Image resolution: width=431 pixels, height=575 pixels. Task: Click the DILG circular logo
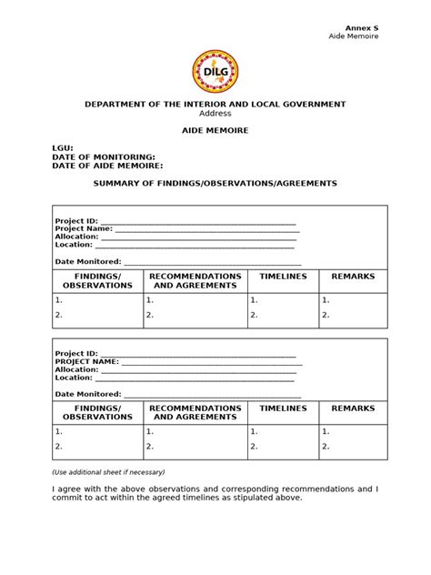tap(215, 71)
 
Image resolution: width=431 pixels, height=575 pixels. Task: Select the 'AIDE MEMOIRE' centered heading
tap(215, 131)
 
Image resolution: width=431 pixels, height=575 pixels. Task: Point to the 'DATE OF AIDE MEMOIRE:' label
tap(108, 166)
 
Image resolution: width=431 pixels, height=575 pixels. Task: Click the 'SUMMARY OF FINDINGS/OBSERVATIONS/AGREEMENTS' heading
tap(215, 183)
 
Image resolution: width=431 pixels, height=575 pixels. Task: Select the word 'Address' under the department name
tap(215, 114)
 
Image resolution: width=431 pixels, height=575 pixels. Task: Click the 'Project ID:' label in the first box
tap(75, 221)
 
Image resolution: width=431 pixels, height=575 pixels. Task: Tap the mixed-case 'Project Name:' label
tap(83, 228)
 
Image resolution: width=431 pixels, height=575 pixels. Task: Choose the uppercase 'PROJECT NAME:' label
tap(86, 361)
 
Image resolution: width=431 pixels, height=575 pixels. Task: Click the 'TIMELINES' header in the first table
tap(283, 276)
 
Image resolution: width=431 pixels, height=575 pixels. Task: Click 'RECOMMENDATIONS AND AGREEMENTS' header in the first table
tap(195, 280)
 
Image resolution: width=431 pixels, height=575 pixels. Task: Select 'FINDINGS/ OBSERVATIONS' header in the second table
tap(97, 413)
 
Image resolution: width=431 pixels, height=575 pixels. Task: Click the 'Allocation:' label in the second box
tap(75, 369)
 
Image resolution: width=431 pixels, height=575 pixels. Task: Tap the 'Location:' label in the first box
tap(74, 245)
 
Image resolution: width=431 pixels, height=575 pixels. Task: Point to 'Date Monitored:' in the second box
tap(87, 394)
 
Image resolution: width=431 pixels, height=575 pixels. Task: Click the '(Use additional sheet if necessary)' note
tap(110, 473)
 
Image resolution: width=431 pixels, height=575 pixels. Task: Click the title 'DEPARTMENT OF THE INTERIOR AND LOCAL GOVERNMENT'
tap(215, 105)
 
